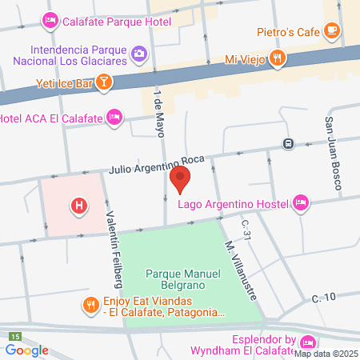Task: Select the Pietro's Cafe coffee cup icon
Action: [332, 31]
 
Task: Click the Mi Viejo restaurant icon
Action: [277, 57]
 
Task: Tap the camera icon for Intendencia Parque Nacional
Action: [139, 53]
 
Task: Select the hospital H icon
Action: [78, 206]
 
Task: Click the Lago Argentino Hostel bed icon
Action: [301, 202]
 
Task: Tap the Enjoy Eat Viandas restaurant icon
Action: [90, 303]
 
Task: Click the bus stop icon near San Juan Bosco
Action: [287, 144]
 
